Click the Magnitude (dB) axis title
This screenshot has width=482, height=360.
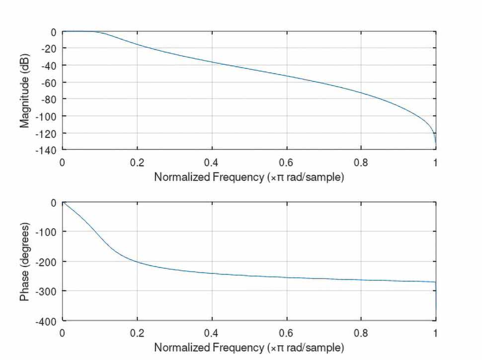click(x=25, y=90)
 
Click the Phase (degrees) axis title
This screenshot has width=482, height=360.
click(x=25, y=262)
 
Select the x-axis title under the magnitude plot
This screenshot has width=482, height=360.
click(x=248, y=177)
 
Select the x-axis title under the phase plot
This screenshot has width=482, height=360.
click(x=248, y=347)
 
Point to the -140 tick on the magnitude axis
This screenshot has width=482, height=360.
click(x=48, y=149)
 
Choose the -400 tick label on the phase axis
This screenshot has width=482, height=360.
click(x=48, y=320)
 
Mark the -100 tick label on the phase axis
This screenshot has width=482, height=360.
click(x=48, y=232)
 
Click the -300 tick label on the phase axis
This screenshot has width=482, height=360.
click(x=48, y=290)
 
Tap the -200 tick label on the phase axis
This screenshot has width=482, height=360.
click(x=48, y=262)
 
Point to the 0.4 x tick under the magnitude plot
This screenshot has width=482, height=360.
click(x=212, y=162)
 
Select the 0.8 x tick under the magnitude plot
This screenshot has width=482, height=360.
click(x=361, y=162)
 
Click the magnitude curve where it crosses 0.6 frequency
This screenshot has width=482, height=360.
click(x=287, y=76)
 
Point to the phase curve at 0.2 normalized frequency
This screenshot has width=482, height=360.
click(x=137, y=262)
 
